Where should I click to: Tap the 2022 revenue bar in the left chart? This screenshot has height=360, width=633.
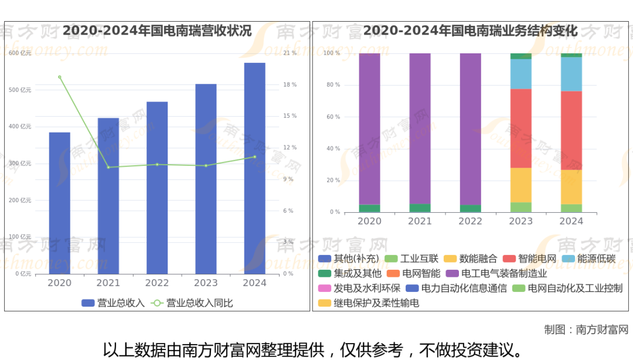157,188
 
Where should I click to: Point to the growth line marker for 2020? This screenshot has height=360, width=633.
59,77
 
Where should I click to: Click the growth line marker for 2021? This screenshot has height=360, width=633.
108,167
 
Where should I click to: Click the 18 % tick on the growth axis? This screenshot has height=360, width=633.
290,84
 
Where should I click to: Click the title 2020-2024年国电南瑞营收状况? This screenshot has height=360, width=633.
157,31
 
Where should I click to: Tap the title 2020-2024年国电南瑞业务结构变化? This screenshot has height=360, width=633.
470,31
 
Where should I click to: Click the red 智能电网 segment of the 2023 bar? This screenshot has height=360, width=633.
520,128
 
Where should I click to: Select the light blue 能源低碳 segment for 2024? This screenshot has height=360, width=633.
571,74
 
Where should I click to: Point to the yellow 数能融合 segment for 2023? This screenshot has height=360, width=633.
520,185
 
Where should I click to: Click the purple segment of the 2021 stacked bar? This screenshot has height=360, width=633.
420,128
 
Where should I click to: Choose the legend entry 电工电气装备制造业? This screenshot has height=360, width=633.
496,273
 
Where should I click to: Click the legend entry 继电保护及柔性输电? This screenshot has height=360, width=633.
369,303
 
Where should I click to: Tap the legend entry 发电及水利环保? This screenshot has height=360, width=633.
359,288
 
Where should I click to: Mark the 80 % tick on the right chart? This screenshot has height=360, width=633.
332,85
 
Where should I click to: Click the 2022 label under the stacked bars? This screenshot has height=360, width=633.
470,221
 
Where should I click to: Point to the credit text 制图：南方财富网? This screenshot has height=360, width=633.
586,330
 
